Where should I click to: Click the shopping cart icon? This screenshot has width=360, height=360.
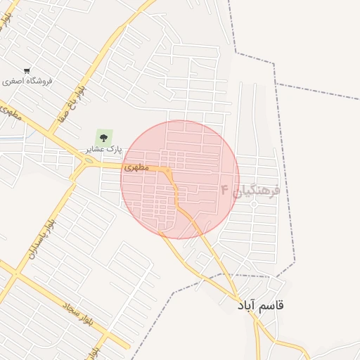coord(27,71)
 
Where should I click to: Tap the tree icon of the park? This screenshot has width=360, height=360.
coord(104,137)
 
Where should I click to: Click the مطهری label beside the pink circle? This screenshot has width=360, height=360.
coord(136,168)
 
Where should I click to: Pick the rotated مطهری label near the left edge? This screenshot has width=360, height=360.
coord(13,114)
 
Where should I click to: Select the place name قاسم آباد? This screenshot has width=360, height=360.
coord(261,305)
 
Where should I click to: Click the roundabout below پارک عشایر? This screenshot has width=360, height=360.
coord(89,162)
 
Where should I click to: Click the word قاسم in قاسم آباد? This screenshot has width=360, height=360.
coord(272,305)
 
